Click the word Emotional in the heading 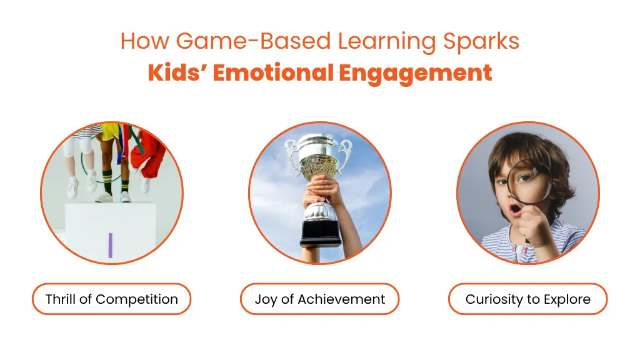pos(273,72)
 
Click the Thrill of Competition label pos(111,299)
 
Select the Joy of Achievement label pos(319,299)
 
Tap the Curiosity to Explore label pos(527,299)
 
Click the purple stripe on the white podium pos(110,245)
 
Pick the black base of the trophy pos(321,234)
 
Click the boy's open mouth pos(516,210)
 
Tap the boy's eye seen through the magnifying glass pos(524,178)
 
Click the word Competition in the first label pos(137,299)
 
